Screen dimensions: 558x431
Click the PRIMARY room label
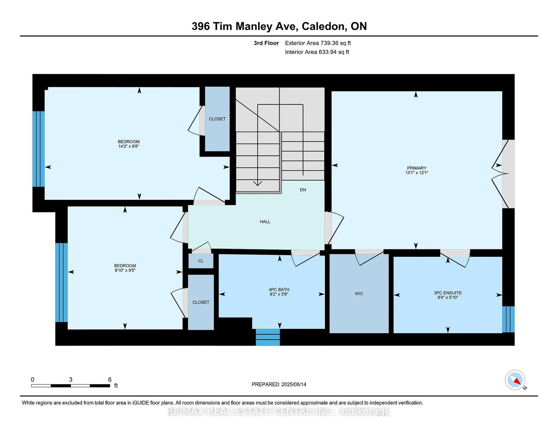pos(416,168)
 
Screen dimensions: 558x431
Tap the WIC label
pos(359,294)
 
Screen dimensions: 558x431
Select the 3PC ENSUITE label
pos(448,293)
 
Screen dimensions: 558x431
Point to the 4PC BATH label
pos(279,290)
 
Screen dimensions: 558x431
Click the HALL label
pos(265,222)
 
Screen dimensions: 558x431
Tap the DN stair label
pos(303,190)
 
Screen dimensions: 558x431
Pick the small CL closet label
pos(201,261)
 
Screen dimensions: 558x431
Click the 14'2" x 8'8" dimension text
pos(129,146)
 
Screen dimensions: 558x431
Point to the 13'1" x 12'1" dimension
pos(416,173)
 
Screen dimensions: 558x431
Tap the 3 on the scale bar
pos(70,380)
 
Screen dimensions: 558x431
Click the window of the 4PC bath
pos(268,337)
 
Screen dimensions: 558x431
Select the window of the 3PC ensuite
pos(508,320)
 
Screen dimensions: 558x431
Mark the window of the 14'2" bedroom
pos(38,149)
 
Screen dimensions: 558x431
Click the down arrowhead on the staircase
pos(258,183)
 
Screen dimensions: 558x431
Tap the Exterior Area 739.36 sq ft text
pos(318,43)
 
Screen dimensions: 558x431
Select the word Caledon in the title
pos(323,26)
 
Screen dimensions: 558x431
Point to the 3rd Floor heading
pos(266,43)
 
